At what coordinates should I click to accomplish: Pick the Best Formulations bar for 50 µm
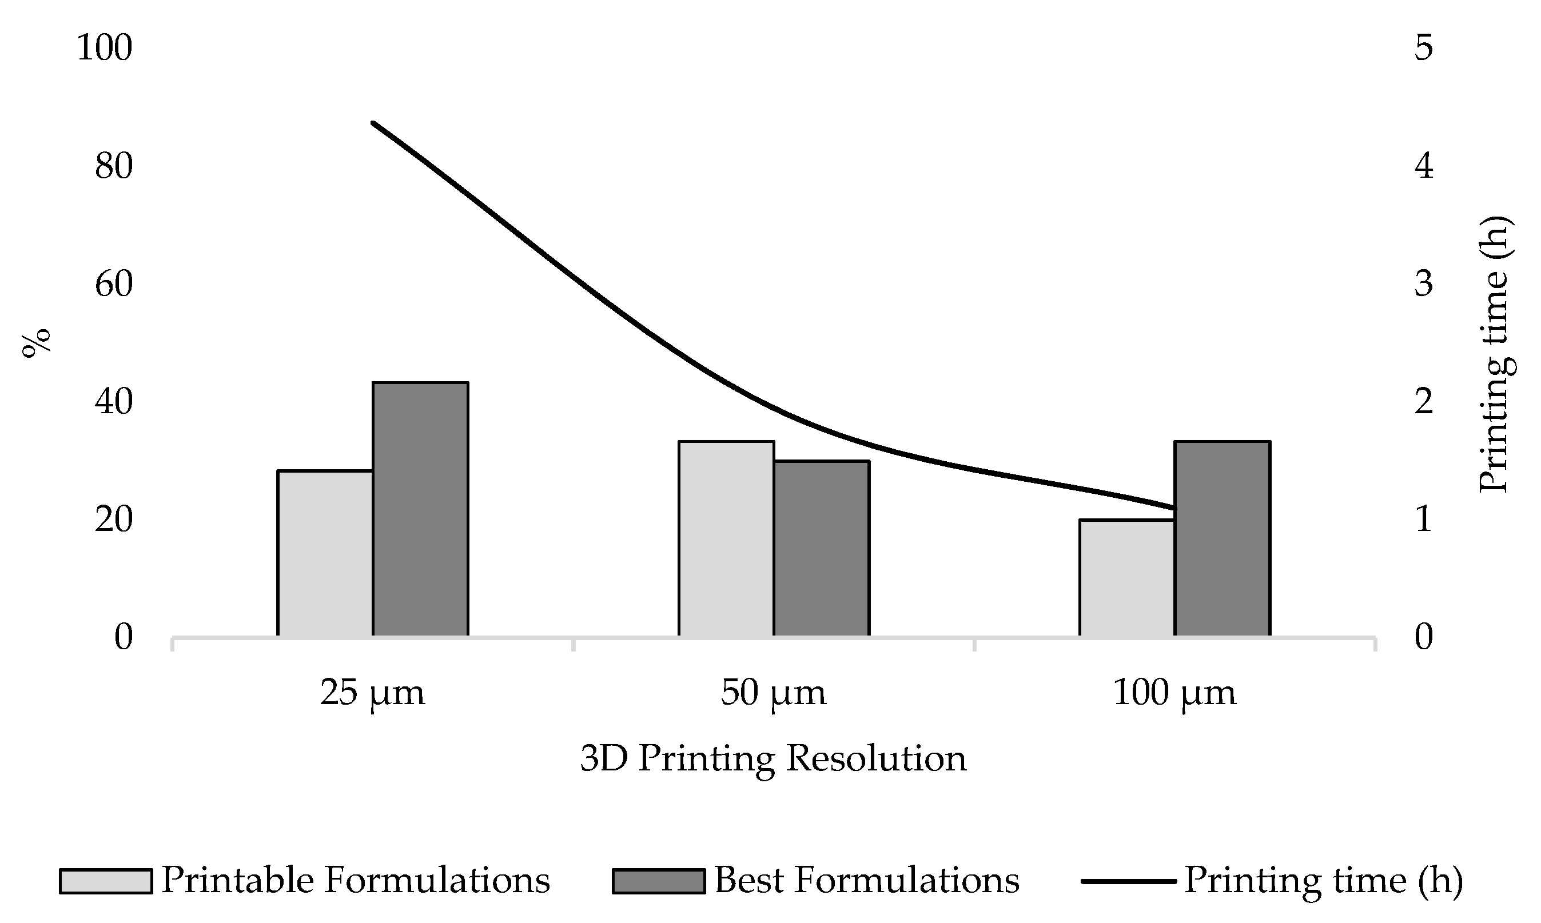[822, 549]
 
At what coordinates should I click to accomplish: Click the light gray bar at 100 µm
[1126, 578]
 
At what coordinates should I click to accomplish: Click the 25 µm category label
[373, 693]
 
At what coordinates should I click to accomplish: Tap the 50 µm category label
[773, 693]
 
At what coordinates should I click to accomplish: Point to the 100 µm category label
[1174, 693]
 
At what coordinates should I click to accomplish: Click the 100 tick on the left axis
[105, 48]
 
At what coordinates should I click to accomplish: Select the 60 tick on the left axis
[114, 284]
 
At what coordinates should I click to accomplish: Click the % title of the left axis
[36, 343]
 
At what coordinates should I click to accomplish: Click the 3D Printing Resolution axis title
[773, 758]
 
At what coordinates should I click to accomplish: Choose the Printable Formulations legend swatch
[106, 881]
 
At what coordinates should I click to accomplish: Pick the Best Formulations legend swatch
[659, 881]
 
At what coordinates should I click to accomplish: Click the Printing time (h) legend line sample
[1129, 881]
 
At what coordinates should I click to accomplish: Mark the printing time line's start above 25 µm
[373, 123]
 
